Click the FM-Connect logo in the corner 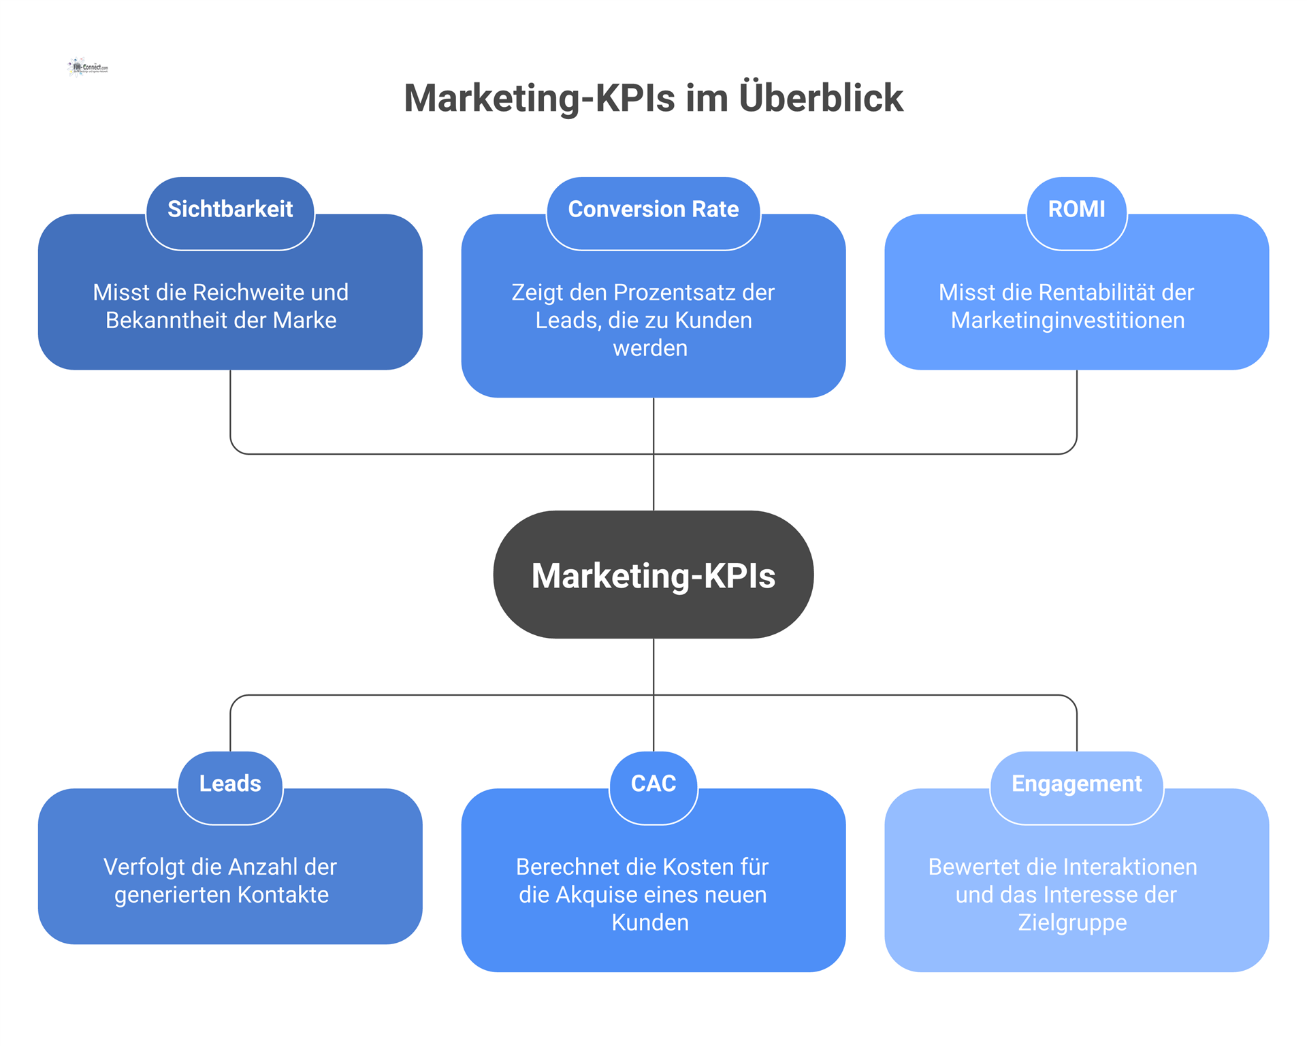[x=88, y=67]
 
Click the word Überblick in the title [x=821, y=98]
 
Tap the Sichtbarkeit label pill [x=230, y=210]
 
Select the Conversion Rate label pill [x=653, y=210]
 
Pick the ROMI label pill [x=1076, y=210]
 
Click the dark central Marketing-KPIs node [x=653, y=575]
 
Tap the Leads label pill [x=230, y=784]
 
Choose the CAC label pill [x=653, y=784]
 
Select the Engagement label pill [x=1076, y=784]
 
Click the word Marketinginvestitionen [x=1067, y=321]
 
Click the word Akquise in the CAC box [x=596, y=895]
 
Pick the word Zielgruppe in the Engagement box [x=1072, y=923]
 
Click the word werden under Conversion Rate [x=650, y=349]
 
